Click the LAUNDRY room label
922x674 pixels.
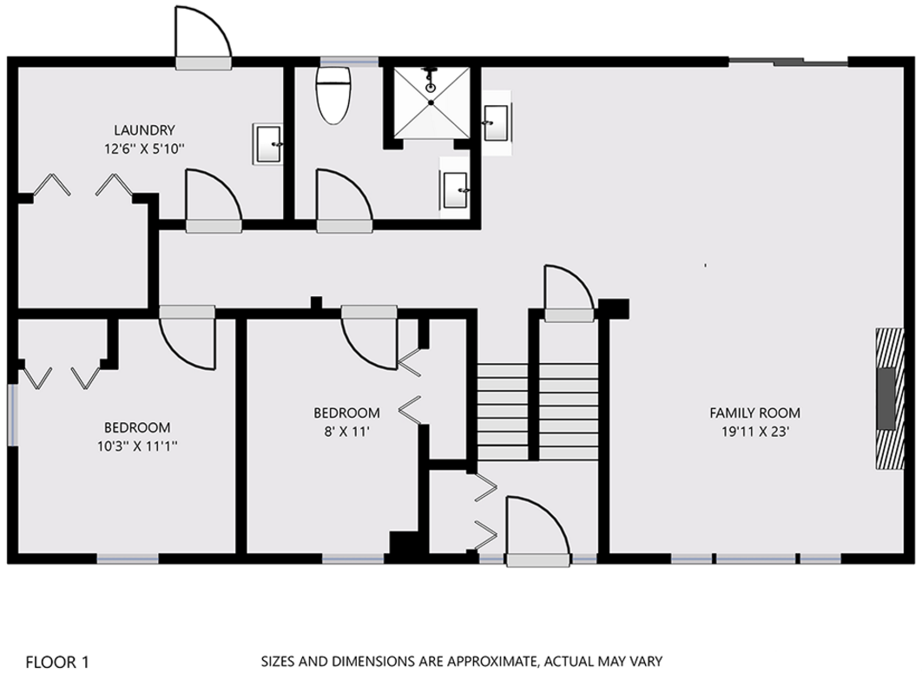point(144,130)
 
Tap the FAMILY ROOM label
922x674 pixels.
point(754,413)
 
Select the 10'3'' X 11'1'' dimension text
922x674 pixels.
point(137,446)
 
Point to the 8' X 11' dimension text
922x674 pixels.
point(346,432)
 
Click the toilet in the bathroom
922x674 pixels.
point(333,95)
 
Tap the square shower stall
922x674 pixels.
point(431,102)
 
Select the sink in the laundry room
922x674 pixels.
point(267,143)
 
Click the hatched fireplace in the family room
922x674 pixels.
point(890,398)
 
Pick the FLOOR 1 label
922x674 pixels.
point(57,662)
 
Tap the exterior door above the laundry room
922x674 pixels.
point(203,36)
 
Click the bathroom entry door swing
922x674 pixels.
point(345,200)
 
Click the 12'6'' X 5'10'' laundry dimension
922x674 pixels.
point(145,149)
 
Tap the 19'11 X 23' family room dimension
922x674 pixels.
point(755,432)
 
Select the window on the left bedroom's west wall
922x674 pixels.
point(12,414)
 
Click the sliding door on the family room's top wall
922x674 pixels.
point(788,61)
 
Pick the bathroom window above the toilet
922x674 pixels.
point(349,61)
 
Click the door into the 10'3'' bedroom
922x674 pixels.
point(188,338)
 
